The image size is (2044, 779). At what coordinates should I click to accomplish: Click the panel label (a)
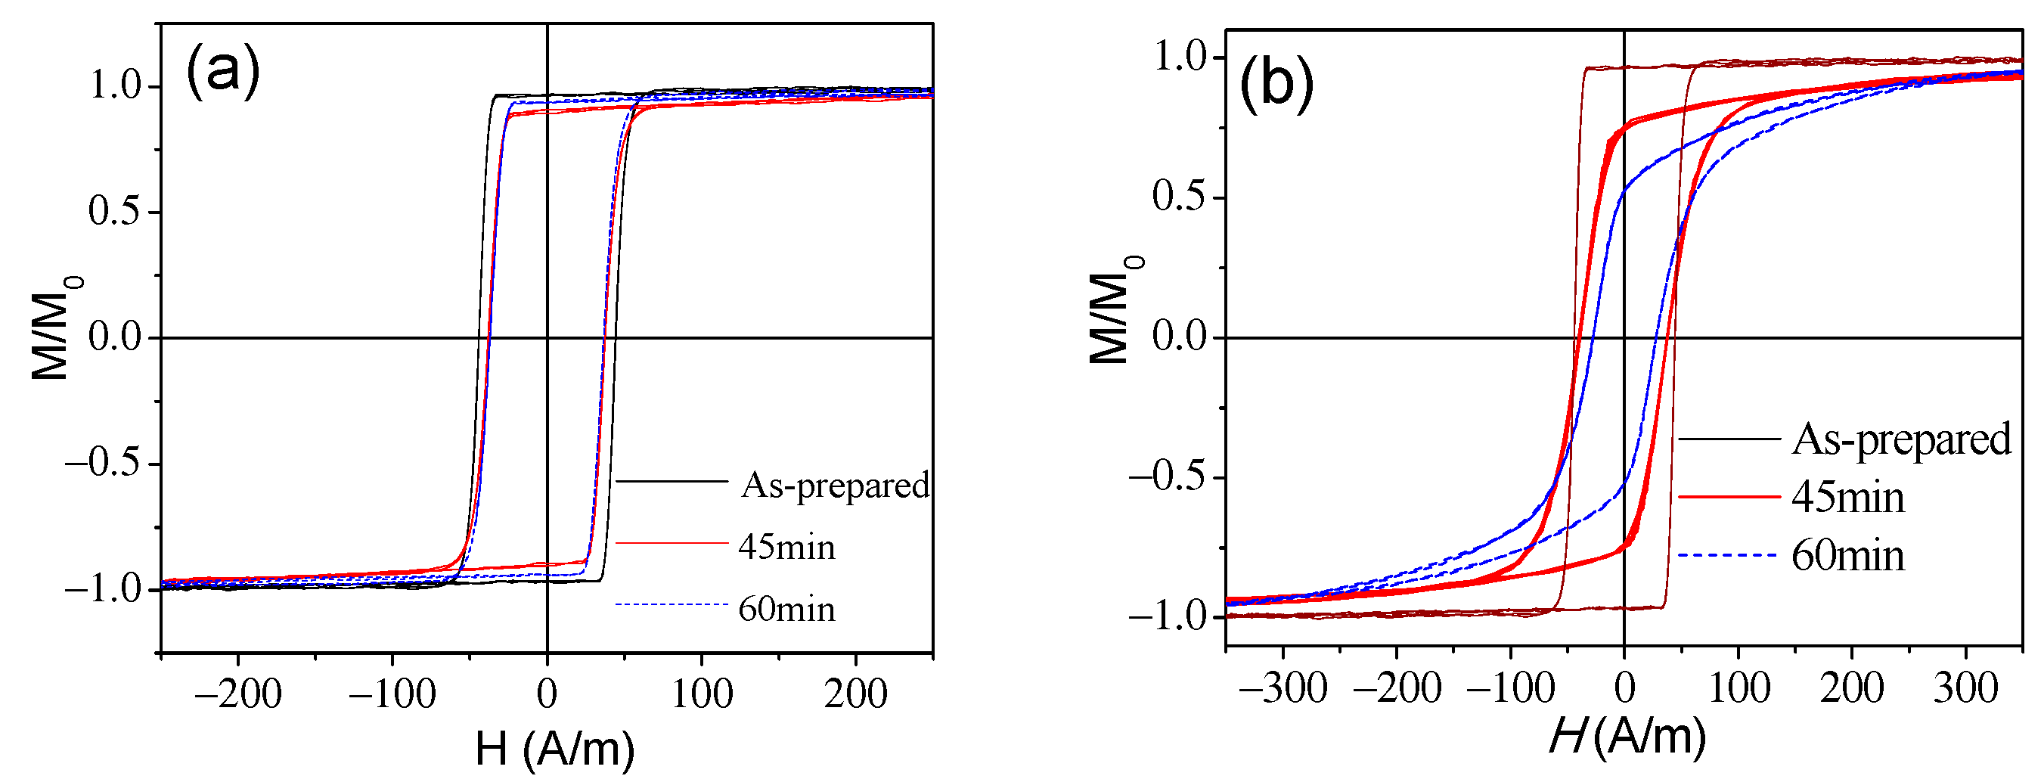coord(223,71)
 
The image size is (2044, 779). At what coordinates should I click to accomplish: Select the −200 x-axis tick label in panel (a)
coord(238,694)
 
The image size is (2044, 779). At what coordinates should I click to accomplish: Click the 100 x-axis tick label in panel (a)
coord(702,694)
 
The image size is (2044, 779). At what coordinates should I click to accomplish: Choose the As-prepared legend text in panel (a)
coord(835,485)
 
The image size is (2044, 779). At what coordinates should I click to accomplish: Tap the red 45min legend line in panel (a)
coord(672,542)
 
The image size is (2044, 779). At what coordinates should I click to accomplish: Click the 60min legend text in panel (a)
coord(786,610)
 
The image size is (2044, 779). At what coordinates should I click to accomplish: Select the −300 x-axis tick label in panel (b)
coord(1283,687)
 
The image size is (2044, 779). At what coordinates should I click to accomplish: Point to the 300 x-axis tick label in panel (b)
coord(1965,687)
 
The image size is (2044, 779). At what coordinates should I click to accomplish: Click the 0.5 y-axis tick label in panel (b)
coord(1178,197)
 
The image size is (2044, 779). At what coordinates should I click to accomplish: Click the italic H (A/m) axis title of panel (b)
coord(1627,736)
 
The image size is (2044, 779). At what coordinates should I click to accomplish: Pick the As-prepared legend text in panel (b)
coord(1901,439)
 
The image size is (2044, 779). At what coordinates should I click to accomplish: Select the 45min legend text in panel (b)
coord(1847,498)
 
